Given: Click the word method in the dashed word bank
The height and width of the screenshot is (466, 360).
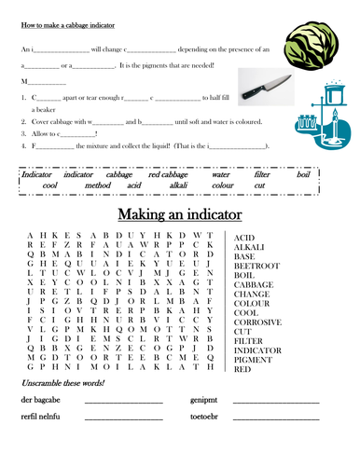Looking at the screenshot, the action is pyautogui.click(x=97, y=185).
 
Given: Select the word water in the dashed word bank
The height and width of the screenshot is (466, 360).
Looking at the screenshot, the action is pyautogui.click(x=221, y=174).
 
